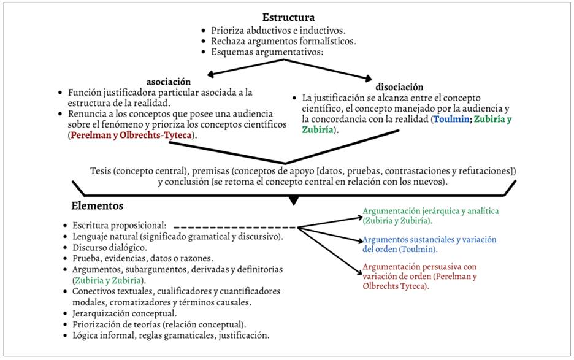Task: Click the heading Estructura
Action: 288,17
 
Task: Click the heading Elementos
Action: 98,206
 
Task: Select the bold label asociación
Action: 168,81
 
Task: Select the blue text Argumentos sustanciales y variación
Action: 429,239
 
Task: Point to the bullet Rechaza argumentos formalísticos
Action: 283,41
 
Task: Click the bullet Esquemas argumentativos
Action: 267,52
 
